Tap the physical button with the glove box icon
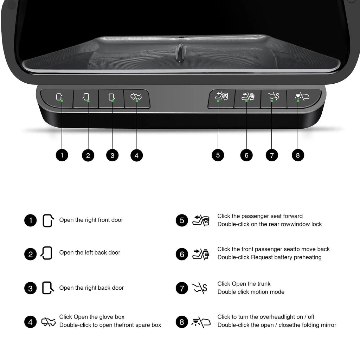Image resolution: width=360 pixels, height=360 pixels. click(137, 99)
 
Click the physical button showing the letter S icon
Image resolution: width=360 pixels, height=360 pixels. click(274, 99)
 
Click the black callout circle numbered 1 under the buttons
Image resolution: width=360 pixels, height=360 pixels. click(62, 155)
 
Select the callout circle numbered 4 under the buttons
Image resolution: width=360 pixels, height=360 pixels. click(137, 155)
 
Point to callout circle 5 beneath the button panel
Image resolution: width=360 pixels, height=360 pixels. click(218, 155)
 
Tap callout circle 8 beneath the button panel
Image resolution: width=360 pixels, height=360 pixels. click(298, 155)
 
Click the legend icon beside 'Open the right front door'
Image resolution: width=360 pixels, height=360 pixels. click(48, 221)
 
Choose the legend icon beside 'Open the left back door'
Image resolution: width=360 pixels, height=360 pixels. click(46, 253)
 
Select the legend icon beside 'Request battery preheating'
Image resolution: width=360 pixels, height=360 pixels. click(201, 254)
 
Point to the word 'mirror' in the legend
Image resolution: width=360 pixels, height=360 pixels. click(329, 325)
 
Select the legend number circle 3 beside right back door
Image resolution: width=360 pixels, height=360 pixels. click(30, 288)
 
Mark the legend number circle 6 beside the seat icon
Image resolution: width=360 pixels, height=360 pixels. click(182, 254)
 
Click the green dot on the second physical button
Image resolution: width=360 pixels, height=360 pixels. click(88, 101)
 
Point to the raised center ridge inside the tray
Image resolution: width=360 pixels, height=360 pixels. click(181, 53)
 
